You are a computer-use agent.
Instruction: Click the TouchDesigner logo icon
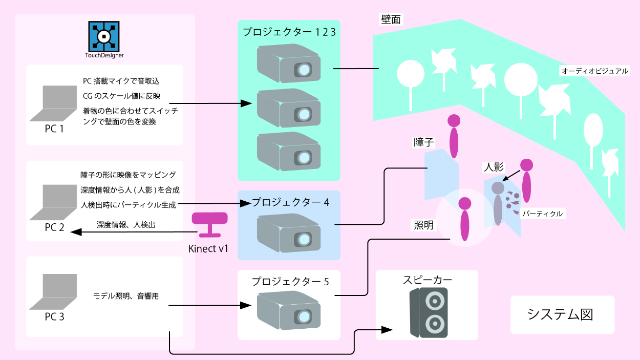point(104,36)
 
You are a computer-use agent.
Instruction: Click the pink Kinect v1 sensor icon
point(210,224)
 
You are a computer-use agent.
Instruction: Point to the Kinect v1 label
point(209,249)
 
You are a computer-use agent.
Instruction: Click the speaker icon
point(429,312)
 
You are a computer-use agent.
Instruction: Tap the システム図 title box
point(562,314)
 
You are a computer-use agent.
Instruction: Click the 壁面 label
point(392,19)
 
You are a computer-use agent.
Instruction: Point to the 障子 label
point(424,142)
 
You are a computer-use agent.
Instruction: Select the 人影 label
point(494,167)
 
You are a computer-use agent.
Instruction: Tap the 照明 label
point(423,225)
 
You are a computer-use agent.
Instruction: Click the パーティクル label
point(542,214)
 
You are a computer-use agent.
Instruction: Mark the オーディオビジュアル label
point(594,71)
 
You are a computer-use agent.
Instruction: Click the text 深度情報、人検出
point(125,225)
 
